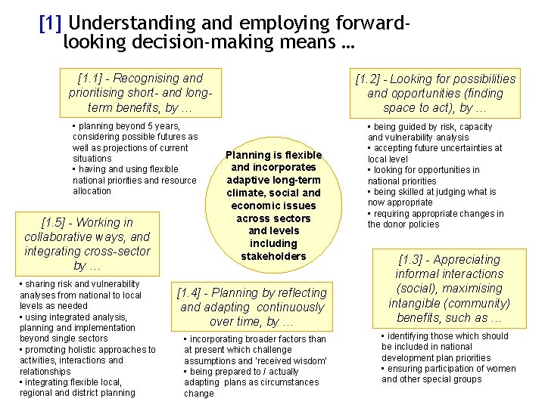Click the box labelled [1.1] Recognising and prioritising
(x=140, y=92)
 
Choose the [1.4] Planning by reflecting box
(x=251, y=307)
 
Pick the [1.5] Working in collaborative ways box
(x=90, y=244)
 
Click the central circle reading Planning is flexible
(x=273, y=205)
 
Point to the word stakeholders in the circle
(x=273, y=256)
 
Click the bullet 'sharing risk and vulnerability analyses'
(x=81, y=289)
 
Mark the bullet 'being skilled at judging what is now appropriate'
(x=431, y=197)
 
